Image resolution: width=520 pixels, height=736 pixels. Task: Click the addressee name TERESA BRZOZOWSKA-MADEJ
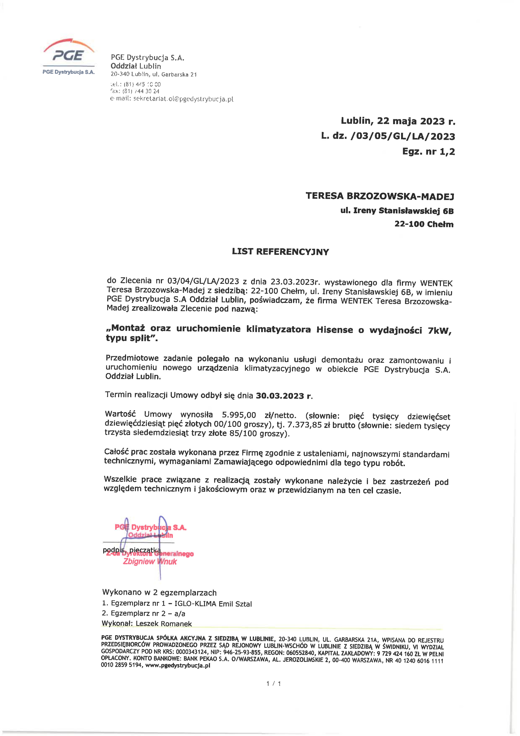pos(380,196)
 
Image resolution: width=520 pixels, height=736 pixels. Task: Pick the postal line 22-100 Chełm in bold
pos(424,224)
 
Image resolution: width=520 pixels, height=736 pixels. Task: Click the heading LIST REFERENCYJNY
pos(280,252)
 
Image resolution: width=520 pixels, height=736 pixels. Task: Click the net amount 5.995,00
pos(239,415)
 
